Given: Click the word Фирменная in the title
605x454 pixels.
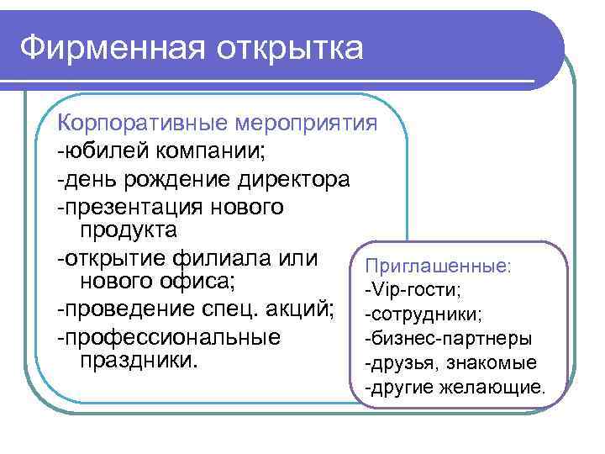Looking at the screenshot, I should tap(112, 47).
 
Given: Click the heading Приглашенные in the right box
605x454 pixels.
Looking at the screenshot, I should tap(436, 266).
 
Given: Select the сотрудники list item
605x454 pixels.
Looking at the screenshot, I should tap(423, 314).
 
